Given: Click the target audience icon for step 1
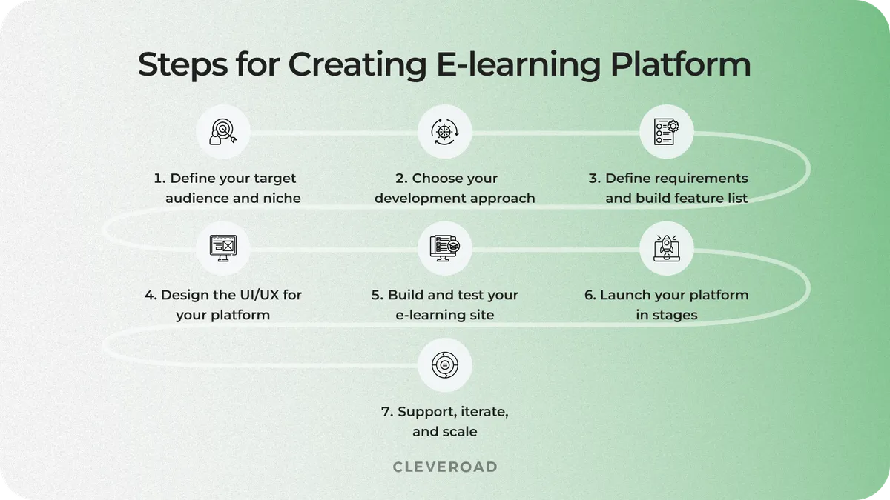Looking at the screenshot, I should [x=222, y=132].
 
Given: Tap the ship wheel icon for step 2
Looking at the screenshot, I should [x=444, y=132].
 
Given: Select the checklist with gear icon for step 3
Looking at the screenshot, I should [x=666, y=132].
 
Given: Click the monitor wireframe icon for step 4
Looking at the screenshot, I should [x=222, y=247].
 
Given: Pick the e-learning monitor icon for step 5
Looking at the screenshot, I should [x=444, y=247].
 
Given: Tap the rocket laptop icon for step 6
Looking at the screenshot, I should [x=666, y=247].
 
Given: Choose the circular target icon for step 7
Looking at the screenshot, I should [x=444, y=364].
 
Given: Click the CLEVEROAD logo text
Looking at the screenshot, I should [x=444, y=467].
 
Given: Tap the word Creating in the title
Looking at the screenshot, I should [x=357, y=65].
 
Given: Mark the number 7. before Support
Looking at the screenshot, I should [x=387, y=412].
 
